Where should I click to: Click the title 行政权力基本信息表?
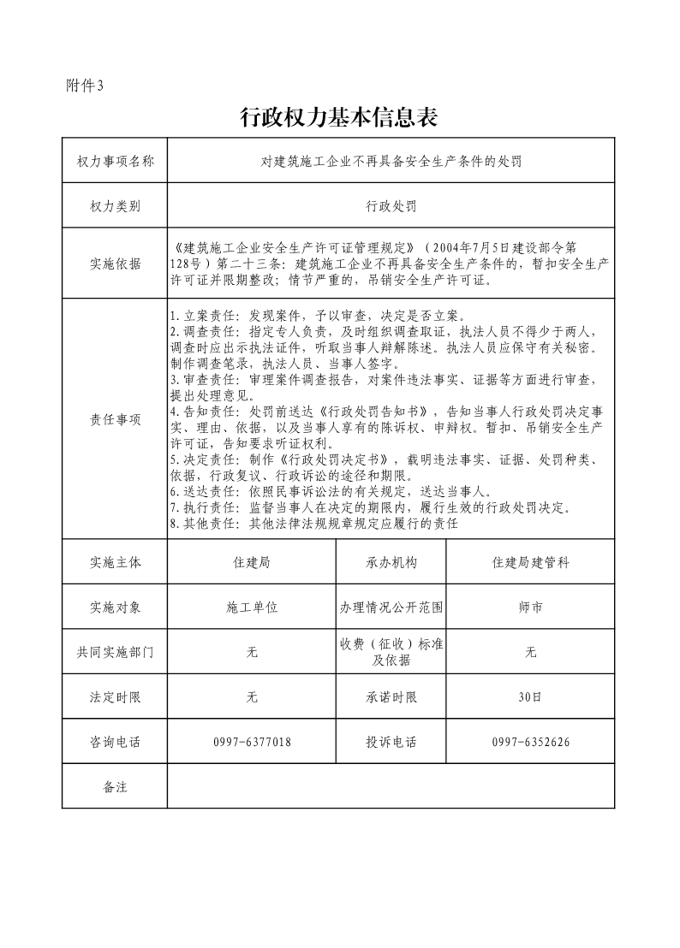click(x=339, y=118)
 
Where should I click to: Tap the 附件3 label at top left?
click(x=84, y=85)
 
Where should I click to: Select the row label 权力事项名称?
click(x=115, y=161)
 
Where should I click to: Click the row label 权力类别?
click(x=115, y=206)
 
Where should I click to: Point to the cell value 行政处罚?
click(x=391, y=206)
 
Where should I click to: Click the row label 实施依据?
click(x=115, y=264)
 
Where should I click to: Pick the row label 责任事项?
click(x=115, y=419)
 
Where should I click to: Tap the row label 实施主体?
click(x=115, y=562)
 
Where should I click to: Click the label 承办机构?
click(x=391, y=562)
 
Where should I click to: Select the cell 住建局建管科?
click(x=530, y=562)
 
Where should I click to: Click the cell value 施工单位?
click(x=252, y=607)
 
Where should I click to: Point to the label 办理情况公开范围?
click(x=391, y=607)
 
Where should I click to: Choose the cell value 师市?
click(x=530, y=607)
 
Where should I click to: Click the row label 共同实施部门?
click(x=115, y=652)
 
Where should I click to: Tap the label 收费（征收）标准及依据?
click(x=391, y=652)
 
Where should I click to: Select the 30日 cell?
click(x=530, y=697)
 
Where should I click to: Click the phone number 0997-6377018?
click(x=252, y=742)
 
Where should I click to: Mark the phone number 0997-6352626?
click(x=530, y=742)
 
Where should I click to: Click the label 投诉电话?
click(x=391, y=742)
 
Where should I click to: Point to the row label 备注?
click(x=115, y=786)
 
